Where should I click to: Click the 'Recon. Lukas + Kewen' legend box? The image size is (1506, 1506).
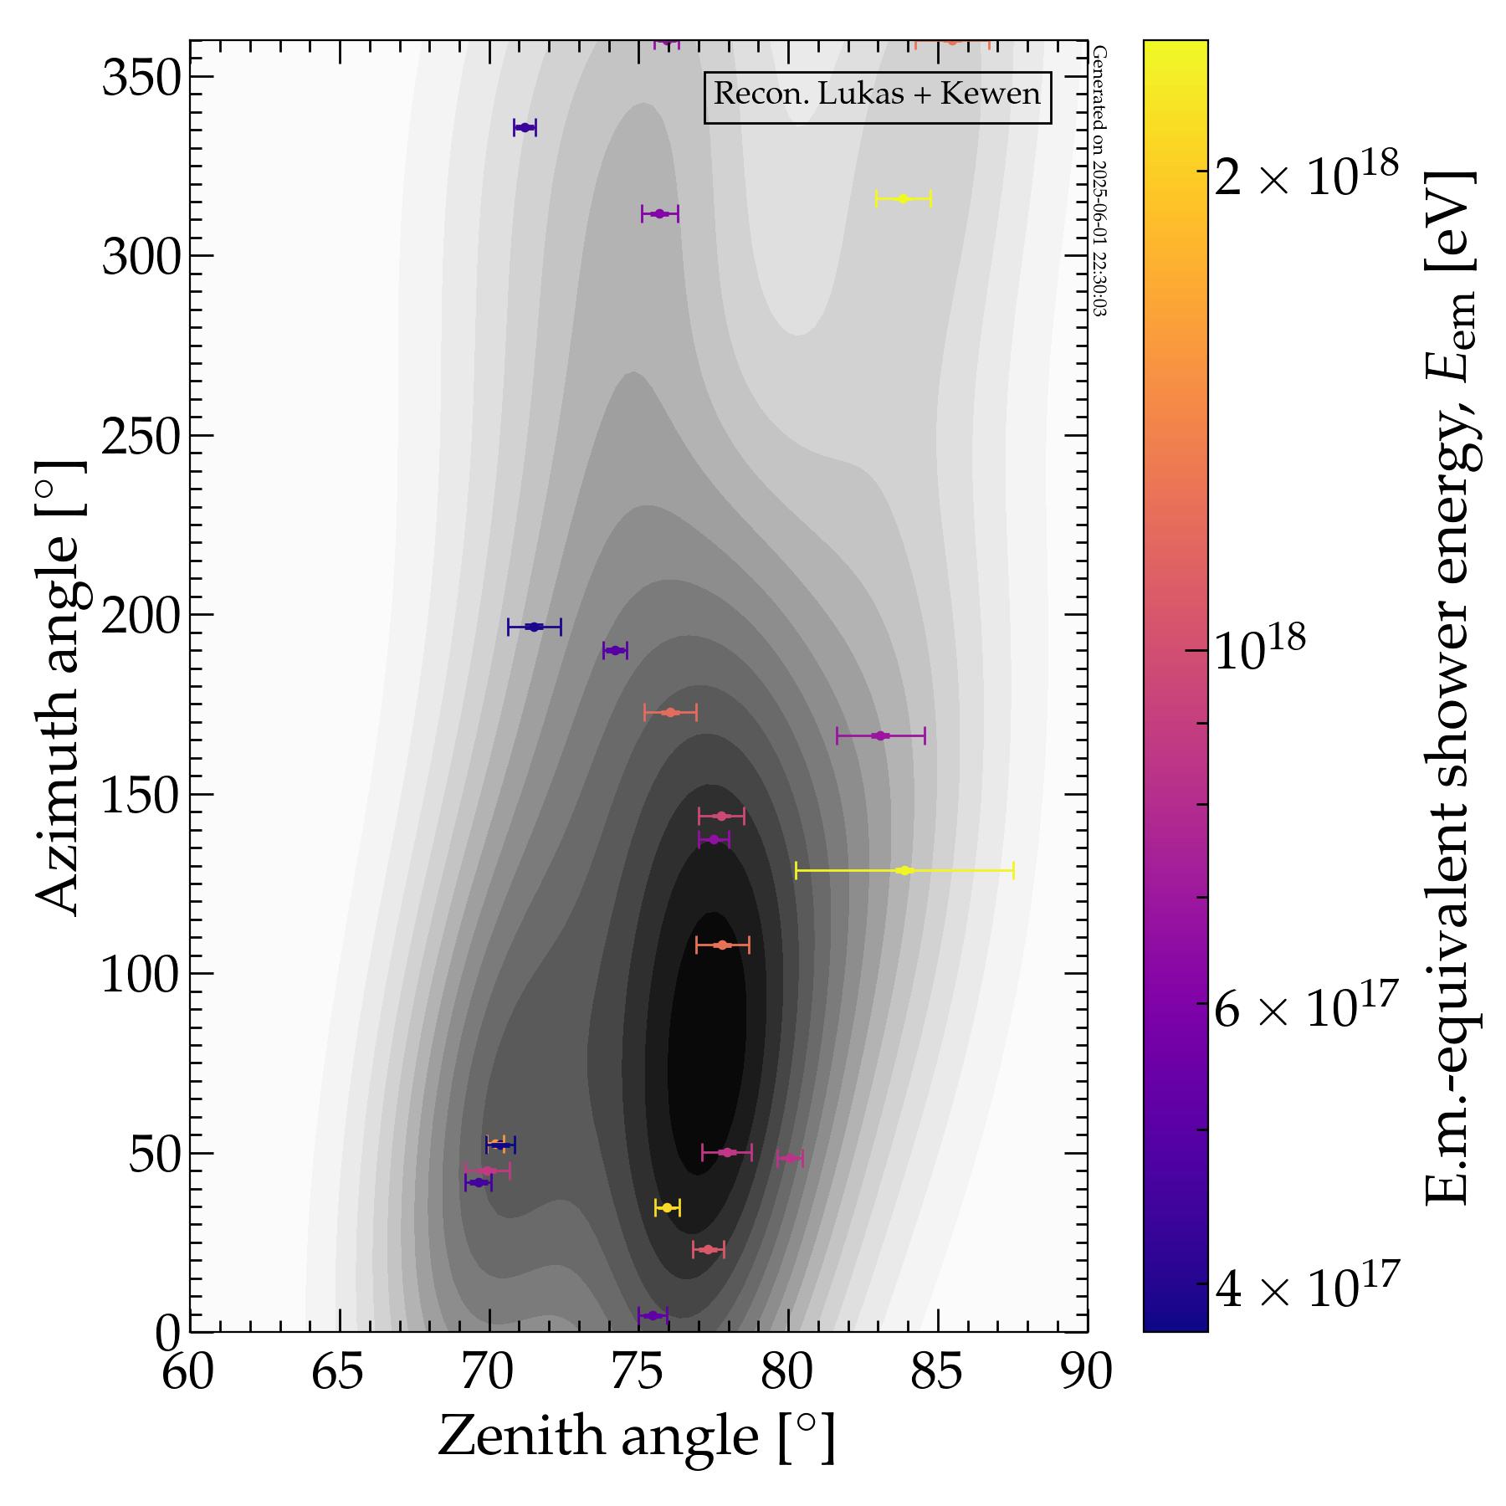(877, 95)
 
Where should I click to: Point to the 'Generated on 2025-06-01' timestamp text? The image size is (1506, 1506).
(1099, 180)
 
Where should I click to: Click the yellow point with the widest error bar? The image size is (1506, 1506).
(904, 870)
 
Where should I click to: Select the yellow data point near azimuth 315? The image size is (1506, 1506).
(903, 198)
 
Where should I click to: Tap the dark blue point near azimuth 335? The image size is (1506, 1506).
(525, 127)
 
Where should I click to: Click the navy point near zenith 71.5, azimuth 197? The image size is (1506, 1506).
(534, 627)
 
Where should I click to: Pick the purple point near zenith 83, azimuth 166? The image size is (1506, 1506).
(879, 735)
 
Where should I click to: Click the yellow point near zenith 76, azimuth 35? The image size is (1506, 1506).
(667, 1207)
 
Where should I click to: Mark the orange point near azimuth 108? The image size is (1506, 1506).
(723, 945)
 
